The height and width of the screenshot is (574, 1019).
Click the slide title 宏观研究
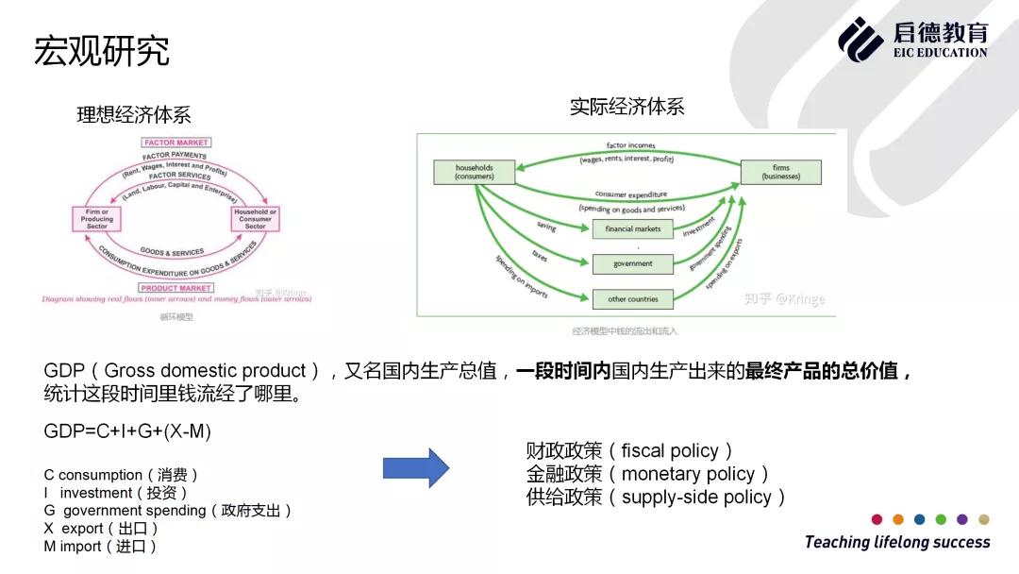click(x=102, y=51)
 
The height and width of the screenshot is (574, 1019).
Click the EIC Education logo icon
click(x=860, y=39)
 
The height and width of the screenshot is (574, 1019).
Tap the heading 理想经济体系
click(x=134, y=115)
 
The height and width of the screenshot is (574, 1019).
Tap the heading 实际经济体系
click(x=626, y=107)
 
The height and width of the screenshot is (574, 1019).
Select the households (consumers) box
click(x=475, y=172)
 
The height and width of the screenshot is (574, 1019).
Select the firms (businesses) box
click(x=780, y=172)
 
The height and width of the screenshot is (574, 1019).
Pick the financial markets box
click(x=632, y=229)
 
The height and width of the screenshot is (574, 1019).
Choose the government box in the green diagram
click(x=632, y=264)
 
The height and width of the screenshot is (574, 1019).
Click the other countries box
click(x=632, y=299)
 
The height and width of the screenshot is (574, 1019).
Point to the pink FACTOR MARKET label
click(x=176, y=143)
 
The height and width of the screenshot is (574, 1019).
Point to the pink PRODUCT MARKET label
click(x=176, y=288)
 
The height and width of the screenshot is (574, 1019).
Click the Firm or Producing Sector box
click(x=97, y=219)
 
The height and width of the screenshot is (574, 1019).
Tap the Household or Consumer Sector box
click(x=255, y=219)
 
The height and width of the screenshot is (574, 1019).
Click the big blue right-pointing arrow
click(x=415, y=468)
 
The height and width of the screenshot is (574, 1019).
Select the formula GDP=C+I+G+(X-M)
click(x=127, y=431)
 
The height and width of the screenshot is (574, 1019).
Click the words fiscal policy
click(x=670, y=451)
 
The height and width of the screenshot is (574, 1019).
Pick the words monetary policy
click(x=688, y=474)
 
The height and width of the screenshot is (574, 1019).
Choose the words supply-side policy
click(x=696, y=498)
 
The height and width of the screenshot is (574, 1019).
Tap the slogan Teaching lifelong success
click(x=897, y=542)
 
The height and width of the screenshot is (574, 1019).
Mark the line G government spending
click(x=166, y=511)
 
